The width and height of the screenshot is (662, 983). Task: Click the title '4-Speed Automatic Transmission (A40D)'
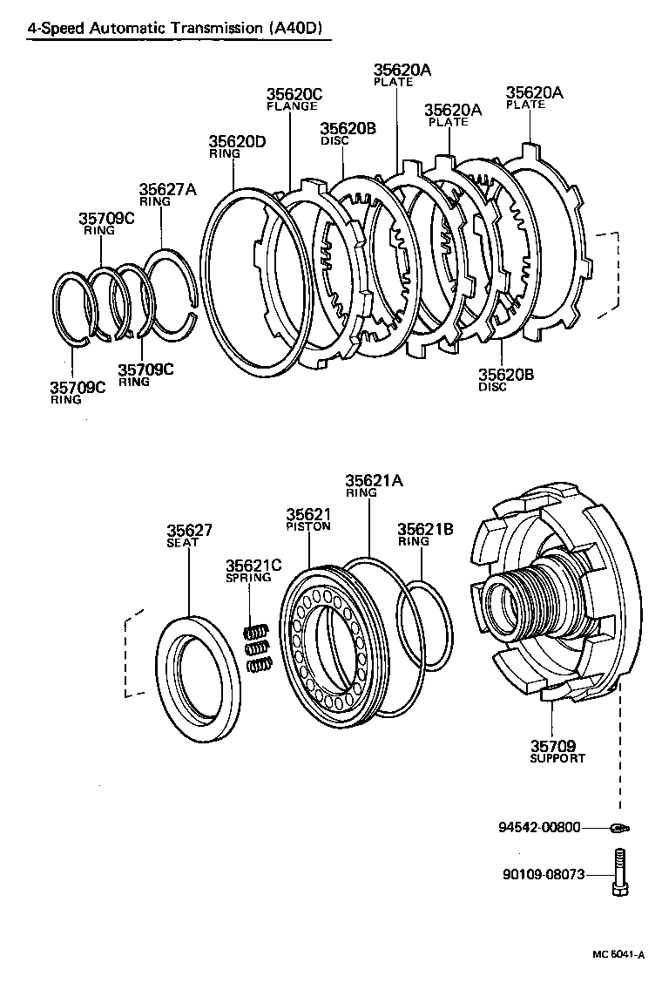click(174, 28)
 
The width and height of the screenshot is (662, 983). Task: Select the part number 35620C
click(294, 94)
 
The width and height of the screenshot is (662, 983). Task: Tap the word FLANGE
click(292, 106)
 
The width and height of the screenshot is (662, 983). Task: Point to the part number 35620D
click(237, 141)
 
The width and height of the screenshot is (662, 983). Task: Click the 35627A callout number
click(168, 189)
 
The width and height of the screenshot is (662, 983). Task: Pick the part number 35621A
click(375, 480)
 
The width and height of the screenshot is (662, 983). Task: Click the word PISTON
click(308, 526)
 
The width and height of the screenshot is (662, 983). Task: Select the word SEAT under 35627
click(183, 542)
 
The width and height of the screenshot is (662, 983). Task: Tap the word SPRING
click(248, 577)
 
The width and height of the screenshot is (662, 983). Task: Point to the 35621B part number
click(425, 528)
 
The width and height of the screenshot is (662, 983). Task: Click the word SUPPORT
click(557, 758)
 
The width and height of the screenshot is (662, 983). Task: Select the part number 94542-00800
click(539, 827)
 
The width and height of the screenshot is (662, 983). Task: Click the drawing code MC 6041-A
click(618, 954)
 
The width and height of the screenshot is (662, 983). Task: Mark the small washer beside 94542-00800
click(619, 827)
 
